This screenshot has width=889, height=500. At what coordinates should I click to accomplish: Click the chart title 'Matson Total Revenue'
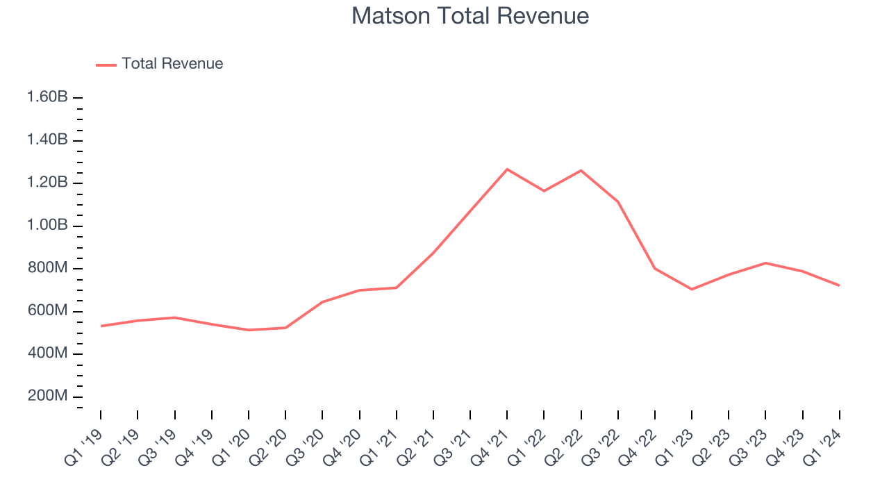(470, 16)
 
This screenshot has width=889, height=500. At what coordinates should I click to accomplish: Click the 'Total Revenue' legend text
(172, 64)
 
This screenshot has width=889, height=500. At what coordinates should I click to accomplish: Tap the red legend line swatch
(106, 65)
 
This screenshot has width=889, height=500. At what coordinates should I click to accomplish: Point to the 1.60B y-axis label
(47, 97)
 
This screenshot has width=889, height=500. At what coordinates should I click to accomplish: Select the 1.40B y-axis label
(47, 140)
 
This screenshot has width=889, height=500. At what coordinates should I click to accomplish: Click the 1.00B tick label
(47, 226)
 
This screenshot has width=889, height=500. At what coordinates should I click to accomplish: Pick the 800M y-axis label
(47, 268)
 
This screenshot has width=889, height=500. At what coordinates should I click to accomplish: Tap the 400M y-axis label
(47, 353)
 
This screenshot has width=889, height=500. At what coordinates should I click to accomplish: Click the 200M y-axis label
(47, 396)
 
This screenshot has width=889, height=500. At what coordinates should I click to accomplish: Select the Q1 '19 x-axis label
(83, 448)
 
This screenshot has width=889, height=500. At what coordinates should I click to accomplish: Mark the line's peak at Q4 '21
(507, 169)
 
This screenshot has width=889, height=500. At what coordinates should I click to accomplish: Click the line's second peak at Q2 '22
(581, 170)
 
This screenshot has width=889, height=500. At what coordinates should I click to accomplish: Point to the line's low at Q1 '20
(249, 330)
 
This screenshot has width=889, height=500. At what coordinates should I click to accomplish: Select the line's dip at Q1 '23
(692, 289)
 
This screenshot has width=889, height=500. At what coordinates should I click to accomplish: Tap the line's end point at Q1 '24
(839, 285)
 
